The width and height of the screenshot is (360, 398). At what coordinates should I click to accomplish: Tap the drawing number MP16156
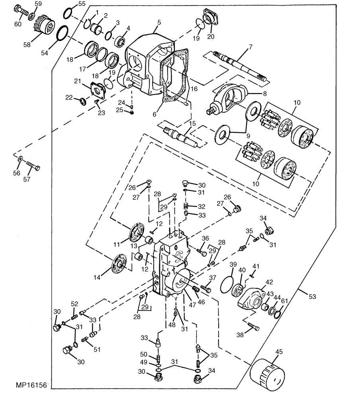point(31,385)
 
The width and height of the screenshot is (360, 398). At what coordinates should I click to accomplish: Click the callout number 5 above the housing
point(159,22)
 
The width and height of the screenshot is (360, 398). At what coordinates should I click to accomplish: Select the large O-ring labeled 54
point(62,33)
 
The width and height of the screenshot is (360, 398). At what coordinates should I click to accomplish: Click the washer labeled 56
point(20,159)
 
